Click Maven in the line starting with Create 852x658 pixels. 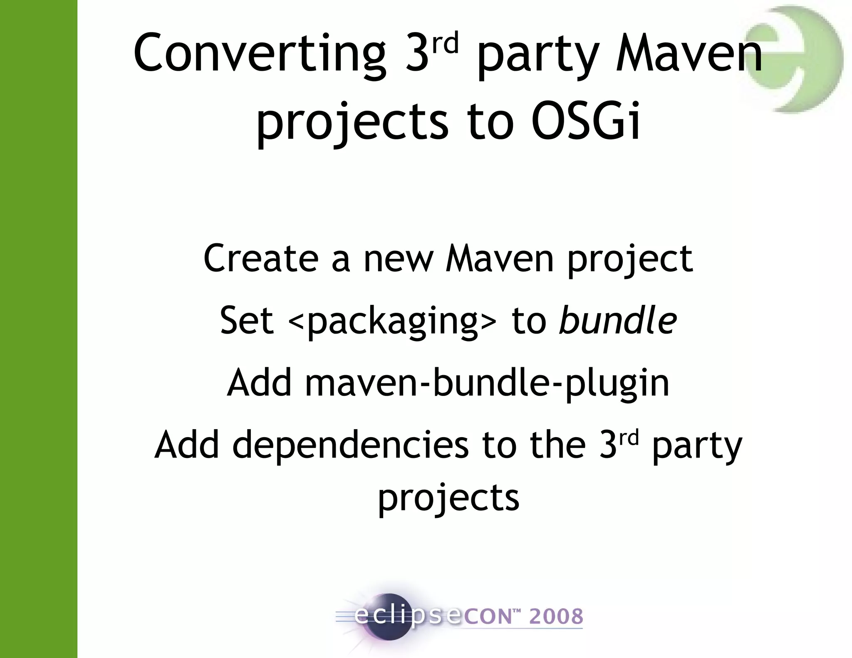(x=500, y=259)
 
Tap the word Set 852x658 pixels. (x=247, y=320)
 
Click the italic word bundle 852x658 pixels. (x=618, y=320)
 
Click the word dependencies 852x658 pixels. (x=350, y=445)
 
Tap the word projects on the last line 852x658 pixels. (x=448, y=498)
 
